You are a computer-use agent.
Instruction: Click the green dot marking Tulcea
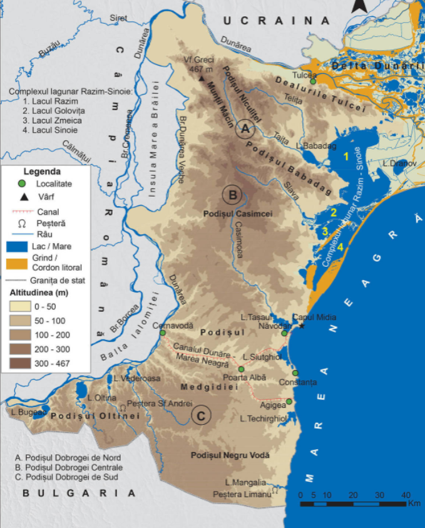pos(313,81)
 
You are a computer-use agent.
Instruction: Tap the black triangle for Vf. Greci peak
pos(201,80)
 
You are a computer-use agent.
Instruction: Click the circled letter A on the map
pos(245,130)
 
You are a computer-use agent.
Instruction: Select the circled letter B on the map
pos(232,195)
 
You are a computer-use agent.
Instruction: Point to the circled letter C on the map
pos(201,415)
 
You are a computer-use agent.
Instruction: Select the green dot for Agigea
pos(289,401)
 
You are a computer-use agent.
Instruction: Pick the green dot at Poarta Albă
pos(241,370)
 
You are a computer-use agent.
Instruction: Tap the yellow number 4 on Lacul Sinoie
pos(341,246)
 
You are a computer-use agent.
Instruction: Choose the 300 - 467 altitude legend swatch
pos(20,363)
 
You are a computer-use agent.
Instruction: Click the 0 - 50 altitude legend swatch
pos(20,307)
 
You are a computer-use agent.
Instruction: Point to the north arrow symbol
pos(357,6)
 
